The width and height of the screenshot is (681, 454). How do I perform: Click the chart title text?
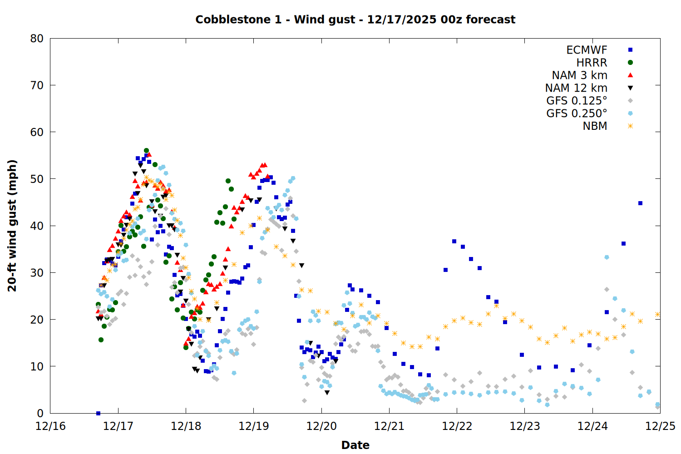point(355,20)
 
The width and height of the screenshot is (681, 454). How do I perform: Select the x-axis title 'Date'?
point(355,445)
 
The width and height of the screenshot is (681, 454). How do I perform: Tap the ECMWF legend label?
point(587,50)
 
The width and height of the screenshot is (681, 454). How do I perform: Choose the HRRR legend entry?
point(592,63)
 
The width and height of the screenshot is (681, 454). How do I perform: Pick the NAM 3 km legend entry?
point(579,75)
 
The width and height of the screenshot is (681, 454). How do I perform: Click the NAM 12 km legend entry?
point(576,88)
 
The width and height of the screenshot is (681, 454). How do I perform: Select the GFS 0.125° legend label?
point(577,101)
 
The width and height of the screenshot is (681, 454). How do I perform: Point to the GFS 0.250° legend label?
point(577,113)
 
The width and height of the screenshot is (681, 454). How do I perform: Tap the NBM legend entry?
point(595,126)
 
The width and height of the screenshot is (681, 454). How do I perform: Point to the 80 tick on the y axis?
point(37,39)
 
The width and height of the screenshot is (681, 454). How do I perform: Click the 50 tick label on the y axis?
point(37,179)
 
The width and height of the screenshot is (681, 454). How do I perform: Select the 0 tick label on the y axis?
point(40,413)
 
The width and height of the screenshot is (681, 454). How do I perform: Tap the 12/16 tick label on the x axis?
point(50,426)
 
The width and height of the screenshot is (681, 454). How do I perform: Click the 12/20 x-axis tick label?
point(321,426)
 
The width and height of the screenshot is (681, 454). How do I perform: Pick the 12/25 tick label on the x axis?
point(660,426)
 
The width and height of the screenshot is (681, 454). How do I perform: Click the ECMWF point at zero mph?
point(98,413)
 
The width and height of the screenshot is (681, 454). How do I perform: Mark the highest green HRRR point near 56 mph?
point(146,150)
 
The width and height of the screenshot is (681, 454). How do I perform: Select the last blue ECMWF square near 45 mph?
point(640,203)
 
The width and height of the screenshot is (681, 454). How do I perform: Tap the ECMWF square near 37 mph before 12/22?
point(454,242)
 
